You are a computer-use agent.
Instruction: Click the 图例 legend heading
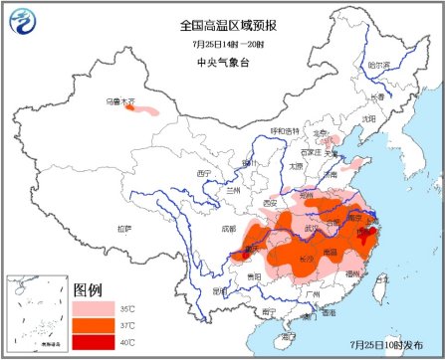(89, 289)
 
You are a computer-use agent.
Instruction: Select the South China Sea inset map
(36, 314)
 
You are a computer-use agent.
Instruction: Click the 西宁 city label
(205, 174)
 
